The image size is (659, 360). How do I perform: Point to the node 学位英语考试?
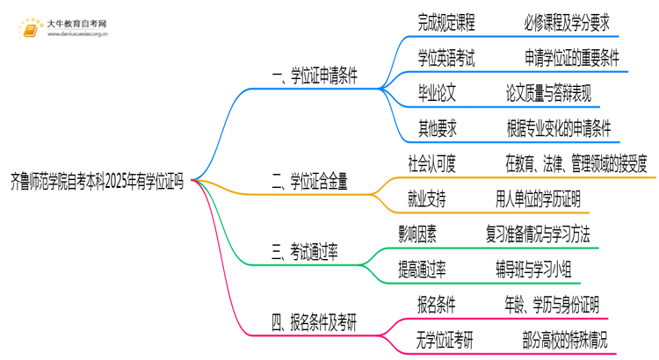click(x=446, y=58)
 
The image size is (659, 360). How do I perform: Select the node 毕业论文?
click(x=438, y=93)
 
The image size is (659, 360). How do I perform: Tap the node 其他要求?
click(x=438, y=128)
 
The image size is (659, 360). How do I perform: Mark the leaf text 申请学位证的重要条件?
click(x=572, y=58)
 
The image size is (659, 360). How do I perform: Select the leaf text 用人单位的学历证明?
click(x=538, y=199)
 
